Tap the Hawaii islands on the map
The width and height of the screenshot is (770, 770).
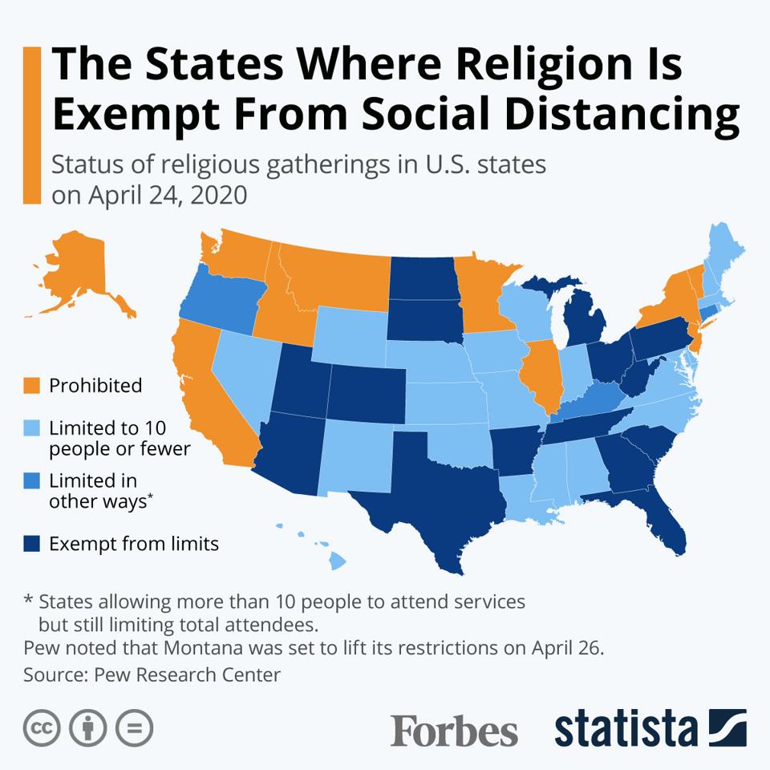pyautogui.click(x=337, y=561)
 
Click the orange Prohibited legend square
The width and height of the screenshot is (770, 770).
pyautogui.click(x=31, y=386)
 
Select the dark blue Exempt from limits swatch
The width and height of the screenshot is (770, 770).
pyautogui.click(x=31, y=545)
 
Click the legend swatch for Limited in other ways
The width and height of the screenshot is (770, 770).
pyautogui.click(x=31, y=481)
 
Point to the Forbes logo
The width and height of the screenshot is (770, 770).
pyautogui.click(x=454, y=729)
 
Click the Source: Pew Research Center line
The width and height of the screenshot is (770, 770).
pyautogui.click(x=152, y=675)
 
